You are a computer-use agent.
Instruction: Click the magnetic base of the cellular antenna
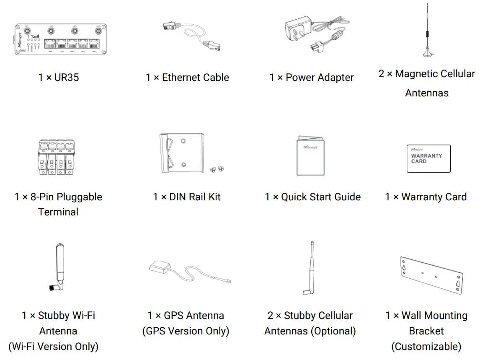[x=428, y=54]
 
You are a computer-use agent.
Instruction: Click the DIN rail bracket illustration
[x=182, y=153]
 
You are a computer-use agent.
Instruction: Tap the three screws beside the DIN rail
[x=217, y=168]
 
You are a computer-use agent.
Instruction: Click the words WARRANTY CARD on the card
[x=426, y=158]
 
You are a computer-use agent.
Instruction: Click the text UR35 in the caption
[x=67, y=78]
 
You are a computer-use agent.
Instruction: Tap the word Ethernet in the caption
[x=181, y=78]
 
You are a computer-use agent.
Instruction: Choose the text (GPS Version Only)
[x=186, y=331]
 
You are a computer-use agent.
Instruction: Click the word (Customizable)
[x=426, y=347]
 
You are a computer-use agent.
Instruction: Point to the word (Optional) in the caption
[x=333, y=331]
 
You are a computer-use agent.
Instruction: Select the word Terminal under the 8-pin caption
[x=58, y=212]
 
